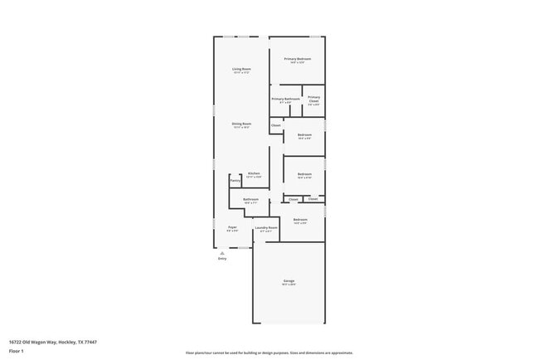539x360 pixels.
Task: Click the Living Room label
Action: [x=241, y=68]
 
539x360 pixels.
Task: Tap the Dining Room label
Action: [x=241, y=123]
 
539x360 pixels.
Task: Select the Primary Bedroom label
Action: [x=298, y=59]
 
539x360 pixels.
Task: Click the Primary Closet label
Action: [x=313, y=98]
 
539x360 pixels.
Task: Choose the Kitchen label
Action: [x=254, y=173]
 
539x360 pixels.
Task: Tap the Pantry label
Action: [x=235, y=180]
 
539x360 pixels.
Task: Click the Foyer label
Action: [x=233, y=226]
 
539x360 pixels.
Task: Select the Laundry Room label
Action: [x=266, y=226]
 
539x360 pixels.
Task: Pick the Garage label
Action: [x=289, y=281]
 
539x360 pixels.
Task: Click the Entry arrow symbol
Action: [x=222, y=253]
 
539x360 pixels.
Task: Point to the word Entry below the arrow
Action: [x=222, y=259]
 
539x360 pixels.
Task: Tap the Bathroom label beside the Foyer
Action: [x=250, y=199]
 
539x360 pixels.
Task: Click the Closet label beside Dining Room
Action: [x=275, y=126]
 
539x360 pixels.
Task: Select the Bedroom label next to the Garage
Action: [x=300, y=219]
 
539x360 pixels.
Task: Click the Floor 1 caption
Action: [x=17, y=351]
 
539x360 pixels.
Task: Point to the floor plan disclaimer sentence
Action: [x=269, y=353]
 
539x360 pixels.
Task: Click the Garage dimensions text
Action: [x=289, y=285]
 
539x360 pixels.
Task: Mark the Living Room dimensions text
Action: [x=241, y=72]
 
